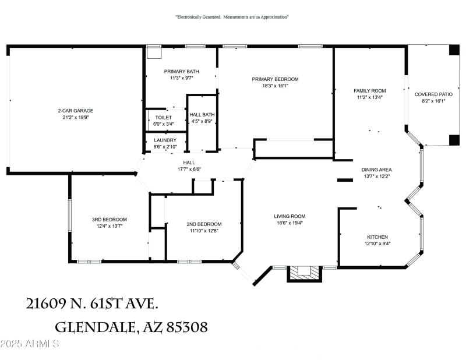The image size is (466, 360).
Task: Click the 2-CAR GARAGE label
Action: [x=75, y=111]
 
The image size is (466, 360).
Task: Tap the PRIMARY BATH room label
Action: [x=181, y=71]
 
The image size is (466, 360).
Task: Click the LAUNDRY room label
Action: [x=165, y=140]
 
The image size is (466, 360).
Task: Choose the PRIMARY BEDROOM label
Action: [x=275, y=79]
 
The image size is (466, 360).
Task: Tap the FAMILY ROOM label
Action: [x=370, y=91]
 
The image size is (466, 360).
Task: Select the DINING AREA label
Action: [x=376, y=170]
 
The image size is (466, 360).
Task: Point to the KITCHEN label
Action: [x=377, y=237]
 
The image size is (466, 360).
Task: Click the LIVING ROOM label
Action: [x=290, y=216]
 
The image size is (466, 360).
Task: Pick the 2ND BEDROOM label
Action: [x=204, y=224]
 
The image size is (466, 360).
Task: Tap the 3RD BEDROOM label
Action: [x=110, y=220]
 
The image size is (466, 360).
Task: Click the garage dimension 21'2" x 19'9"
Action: [x=75, y=117]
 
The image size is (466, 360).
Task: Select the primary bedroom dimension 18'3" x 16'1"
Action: [x=275, y=86]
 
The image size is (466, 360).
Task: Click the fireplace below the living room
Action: [x=303, y=273]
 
